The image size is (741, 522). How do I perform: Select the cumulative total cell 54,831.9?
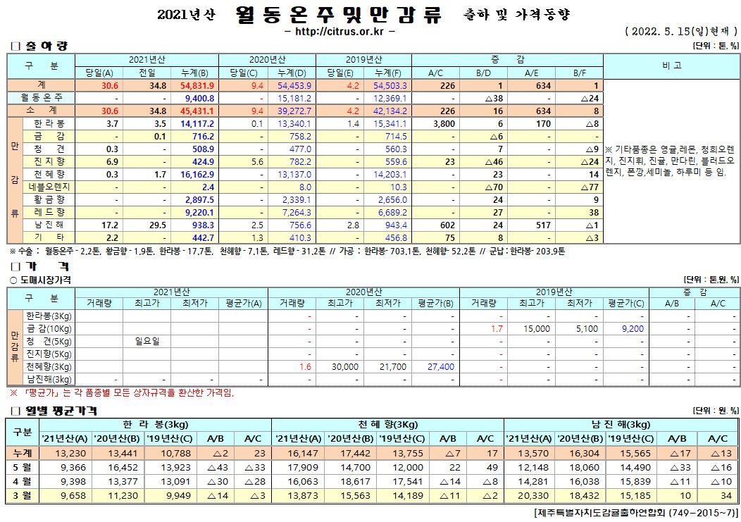(197, 85)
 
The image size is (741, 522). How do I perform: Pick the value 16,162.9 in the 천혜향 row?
(197, 174)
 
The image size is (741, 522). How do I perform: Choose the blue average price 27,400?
(440, 367)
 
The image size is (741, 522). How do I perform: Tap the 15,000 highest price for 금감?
(536, 328)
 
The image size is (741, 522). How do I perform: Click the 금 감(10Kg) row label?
(49, 328)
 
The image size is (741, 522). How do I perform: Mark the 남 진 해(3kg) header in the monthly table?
(621, 424)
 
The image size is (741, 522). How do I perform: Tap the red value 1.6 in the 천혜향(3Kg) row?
(305, 367)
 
